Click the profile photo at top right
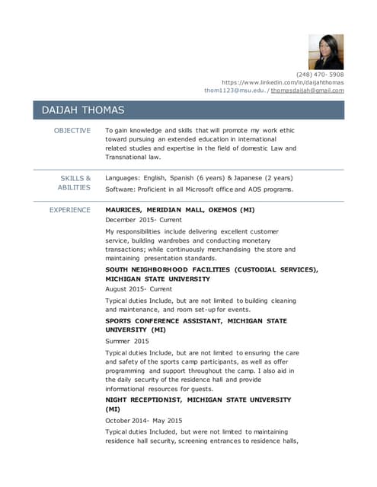[x=326, y=52]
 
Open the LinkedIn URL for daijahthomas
[x=283, y=82]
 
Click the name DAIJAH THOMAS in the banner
[x=83, y=111]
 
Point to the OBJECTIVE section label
[x=72, y=131]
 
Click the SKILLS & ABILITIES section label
[x=75, y=183]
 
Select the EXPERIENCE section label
[x=70, y=210]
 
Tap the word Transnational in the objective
[x=126, y=158]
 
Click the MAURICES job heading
[x=180, y=210]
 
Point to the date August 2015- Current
[x=139, y=290]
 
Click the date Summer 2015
[x=127, y=342]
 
